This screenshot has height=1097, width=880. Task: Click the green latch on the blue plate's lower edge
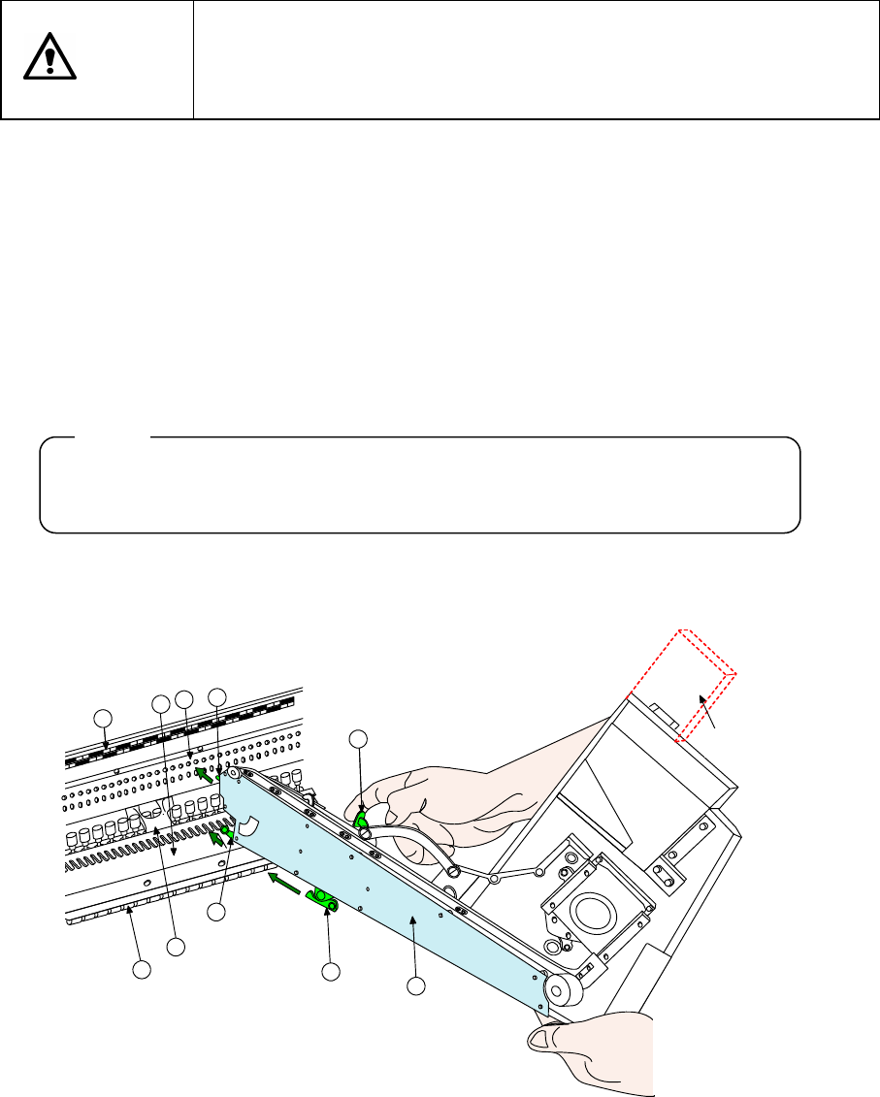coord(322,901)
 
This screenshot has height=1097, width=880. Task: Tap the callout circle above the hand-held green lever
coord(359,737)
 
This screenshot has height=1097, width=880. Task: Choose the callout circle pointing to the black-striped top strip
coord(101,717)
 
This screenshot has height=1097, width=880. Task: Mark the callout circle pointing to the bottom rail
coord(142,969)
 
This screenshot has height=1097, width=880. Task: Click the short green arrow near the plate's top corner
coord(204,773)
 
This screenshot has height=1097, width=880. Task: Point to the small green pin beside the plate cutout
coord(226,830)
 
